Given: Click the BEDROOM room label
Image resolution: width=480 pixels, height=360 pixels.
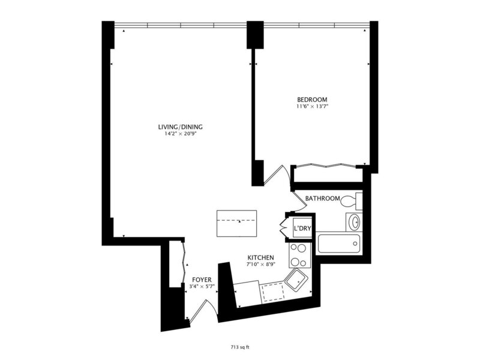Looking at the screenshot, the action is pos(312,100).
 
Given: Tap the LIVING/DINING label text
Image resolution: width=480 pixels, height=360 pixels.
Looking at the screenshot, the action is pos(181,127).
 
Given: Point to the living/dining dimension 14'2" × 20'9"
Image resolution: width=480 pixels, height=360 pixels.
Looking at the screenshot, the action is pos(180,134).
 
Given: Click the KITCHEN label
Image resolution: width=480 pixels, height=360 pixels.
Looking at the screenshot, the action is pos(260,257).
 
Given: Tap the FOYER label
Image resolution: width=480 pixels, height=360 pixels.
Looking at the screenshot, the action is pos(202,280).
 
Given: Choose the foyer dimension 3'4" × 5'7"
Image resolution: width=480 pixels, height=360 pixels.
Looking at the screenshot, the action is pos(202,287).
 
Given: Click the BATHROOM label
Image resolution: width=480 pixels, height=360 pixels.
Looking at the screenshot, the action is pos(322,199).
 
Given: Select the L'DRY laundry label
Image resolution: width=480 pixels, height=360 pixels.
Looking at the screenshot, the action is pos(302,228).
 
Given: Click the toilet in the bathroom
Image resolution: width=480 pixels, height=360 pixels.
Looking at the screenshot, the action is pos(352,201).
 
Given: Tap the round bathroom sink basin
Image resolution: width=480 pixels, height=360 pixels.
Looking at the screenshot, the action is pos(355,222).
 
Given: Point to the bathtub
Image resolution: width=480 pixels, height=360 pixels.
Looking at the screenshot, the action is pos(339,244).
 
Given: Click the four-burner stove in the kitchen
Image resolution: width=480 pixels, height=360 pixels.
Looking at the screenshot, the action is pos(299,255).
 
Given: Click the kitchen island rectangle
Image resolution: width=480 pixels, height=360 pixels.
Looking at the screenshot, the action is pos(236,223).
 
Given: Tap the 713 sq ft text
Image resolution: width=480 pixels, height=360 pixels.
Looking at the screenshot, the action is pos(240,347).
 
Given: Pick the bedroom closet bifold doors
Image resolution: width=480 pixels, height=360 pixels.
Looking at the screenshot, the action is pos(326,166).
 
